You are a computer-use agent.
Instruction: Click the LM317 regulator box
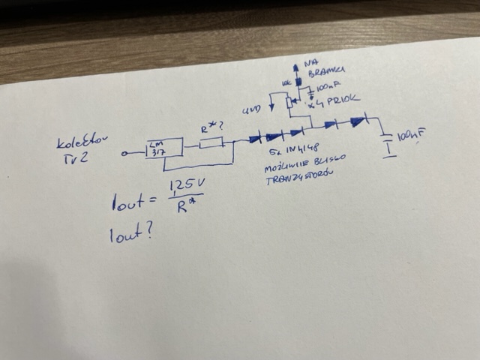(x=166, y=147)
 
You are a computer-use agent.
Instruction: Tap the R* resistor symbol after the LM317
(x=212, y=142)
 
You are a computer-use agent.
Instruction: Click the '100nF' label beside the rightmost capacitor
(x=413, y=136)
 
